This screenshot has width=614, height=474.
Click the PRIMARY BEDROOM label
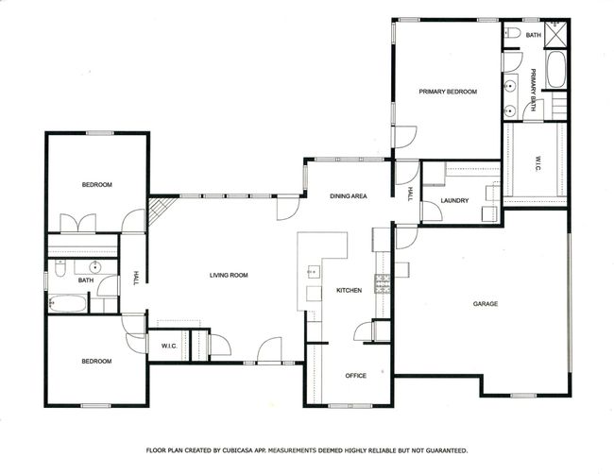448,92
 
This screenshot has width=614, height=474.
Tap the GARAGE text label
486,303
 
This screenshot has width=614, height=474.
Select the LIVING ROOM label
229,275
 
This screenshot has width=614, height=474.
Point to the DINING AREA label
349,195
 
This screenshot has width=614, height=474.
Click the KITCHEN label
349,290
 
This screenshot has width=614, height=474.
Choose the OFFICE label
355,376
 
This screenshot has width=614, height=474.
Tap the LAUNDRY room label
454,200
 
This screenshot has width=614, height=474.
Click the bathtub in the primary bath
555,70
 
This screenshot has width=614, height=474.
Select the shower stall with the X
555,34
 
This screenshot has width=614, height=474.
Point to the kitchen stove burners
383,284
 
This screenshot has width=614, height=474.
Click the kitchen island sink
313,271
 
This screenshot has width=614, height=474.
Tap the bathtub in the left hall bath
67,303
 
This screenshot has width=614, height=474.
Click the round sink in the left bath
95,267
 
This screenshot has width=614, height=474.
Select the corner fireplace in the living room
160,212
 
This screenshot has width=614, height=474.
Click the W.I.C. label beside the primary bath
537,163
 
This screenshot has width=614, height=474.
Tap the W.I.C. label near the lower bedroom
169,346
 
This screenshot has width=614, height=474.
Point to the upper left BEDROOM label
96,184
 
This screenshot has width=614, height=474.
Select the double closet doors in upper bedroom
77,223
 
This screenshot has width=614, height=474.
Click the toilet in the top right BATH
513,33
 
